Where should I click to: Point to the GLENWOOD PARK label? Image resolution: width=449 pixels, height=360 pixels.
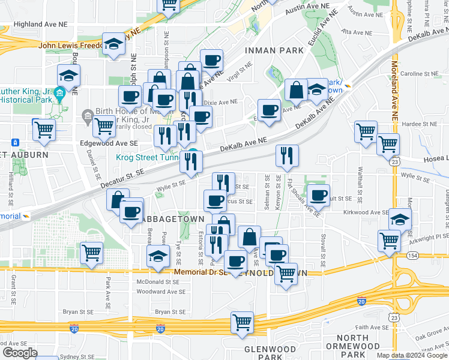[270, 353]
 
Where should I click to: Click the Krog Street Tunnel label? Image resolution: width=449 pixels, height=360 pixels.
[147, 158]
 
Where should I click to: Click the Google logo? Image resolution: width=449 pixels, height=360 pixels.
[19, 353]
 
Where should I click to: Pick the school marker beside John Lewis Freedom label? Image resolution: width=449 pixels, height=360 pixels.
[113, 45]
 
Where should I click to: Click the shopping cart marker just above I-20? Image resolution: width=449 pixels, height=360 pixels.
[242, 322]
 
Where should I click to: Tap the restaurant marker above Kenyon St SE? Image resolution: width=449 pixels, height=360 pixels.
[287, 156]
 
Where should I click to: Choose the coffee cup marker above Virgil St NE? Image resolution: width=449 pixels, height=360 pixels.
[211, 61]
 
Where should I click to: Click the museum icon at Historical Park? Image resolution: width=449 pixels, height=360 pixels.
[59, 94]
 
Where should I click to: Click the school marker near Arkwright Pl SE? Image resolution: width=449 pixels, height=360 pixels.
[400, 220]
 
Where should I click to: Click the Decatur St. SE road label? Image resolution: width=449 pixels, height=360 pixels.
[122, 172]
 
